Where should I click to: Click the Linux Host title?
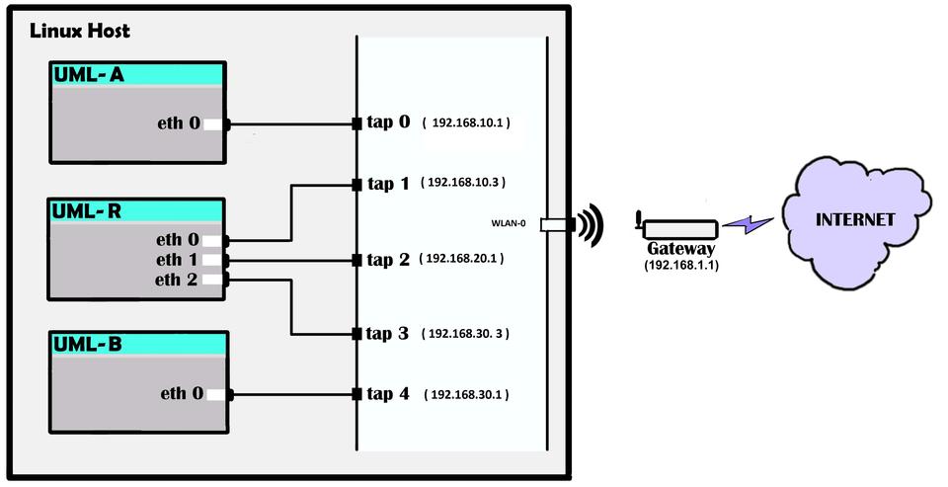pos(80,31)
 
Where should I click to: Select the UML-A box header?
pos(139,75)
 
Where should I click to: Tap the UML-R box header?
pos(139,210)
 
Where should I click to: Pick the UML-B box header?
pos(139,344)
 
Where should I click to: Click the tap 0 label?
pos(387,123)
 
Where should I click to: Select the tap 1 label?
pos(387,184)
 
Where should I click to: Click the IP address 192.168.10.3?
pos(463,183)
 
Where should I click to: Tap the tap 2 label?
pos(387,260)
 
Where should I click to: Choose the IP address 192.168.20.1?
pos(463,259)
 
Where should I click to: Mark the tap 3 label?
pos(387,334)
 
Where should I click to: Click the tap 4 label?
pos(387,394)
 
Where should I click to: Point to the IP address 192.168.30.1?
pos(465,395)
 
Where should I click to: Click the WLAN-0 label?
pos(508,223)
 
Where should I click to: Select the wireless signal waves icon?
pos(590,225)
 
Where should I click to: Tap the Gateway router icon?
pos(675,227)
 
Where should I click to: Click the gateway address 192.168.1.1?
pos(680,265)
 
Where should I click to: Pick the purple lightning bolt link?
pos(748,225)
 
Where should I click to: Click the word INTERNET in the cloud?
pos(854,219)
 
